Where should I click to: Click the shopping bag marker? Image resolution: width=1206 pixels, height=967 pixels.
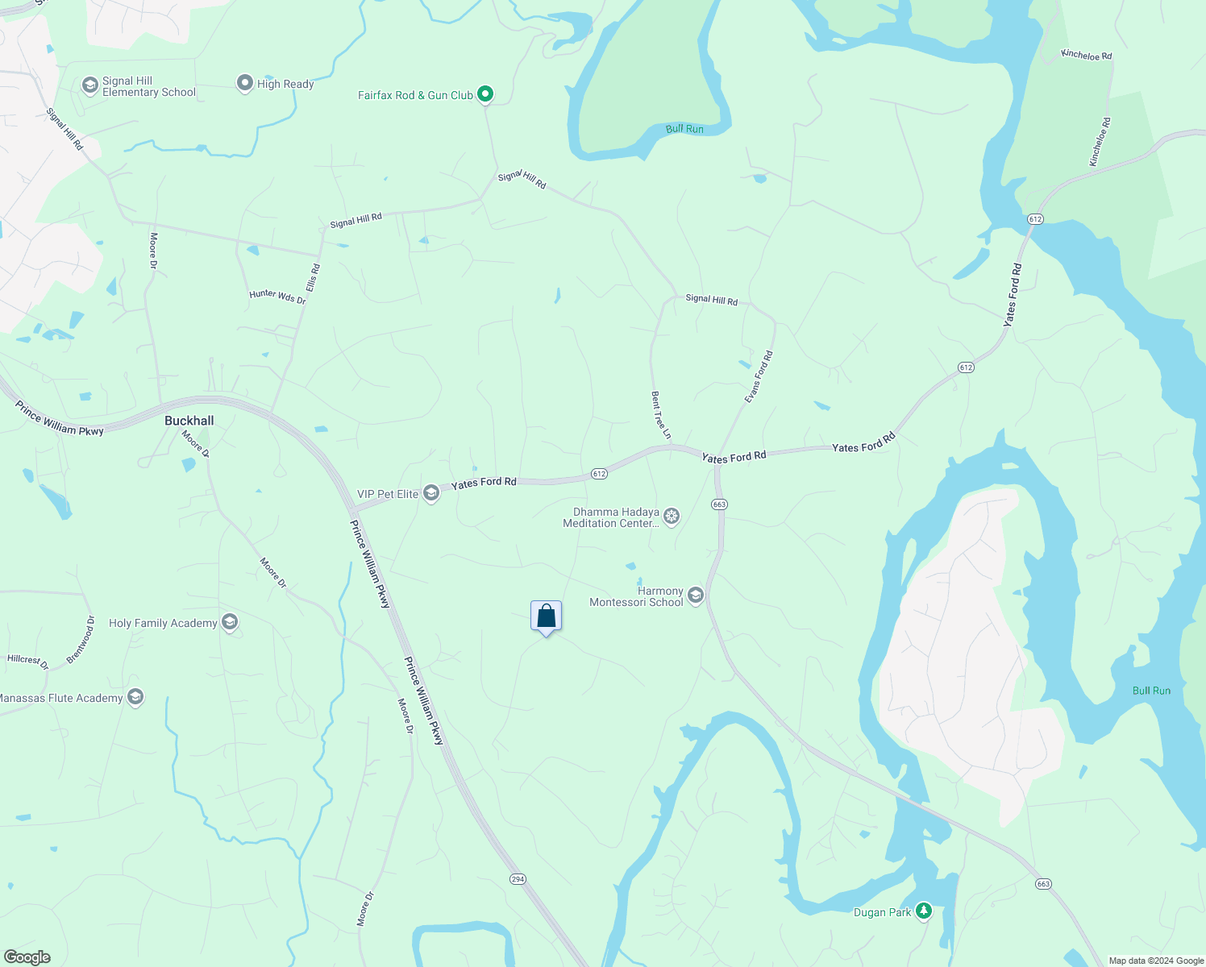click(546, 616)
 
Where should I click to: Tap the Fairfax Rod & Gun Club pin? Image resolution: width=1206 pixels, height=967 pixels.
click(485, 94)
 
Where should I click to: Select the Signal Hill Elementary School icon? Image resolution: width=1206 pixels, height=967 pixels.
click(89, 85)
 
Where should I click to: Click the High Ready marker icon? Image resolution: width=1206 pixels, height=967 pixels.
click(244, 83)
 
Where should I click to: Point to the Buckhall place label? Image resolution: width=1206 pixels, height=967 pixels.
click(189, 421)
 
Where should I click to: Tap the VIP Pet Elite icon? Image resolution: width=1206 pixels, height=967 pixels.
click(431, 493)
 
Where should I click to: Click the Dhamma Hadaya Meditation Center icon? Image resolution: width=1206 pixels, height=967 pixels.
click(672, 517)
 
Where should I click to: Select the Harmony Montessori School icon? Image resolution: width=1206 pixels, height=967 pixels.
click(696, 596)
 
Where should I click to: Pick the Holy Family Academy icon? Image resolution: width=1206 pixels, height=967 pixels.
click(230, 622)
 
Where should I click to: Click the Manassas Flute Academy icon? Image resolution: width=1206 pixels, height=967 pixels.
click(135, 697)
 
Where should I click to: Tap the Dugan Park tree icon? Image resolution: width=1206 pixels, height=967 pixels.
click(924, 911)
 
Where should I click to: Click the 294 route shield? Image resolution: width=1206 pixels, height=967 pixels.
click(518, 879)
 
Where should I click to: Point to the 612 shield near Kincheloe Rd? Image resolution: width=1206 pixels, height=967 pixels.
click(1036, 219)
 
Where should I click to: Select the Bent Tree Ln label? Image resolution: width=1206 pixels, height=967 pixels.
click(661, 415)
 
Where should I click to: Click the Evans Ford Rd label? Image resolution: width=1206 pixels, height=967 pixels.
click(759, 377)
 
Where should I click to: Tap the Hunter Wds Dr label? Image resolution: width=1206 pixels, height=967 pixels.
click(277, 297)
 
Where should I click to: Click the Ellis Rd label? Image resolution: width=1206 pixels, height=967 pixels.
click(313, 278)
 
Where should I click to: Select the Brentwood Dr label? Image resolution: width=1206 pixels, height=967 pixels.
click(81, 640)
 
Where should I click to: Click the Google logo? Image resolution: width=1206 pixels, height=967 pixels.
click(27, 957)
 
